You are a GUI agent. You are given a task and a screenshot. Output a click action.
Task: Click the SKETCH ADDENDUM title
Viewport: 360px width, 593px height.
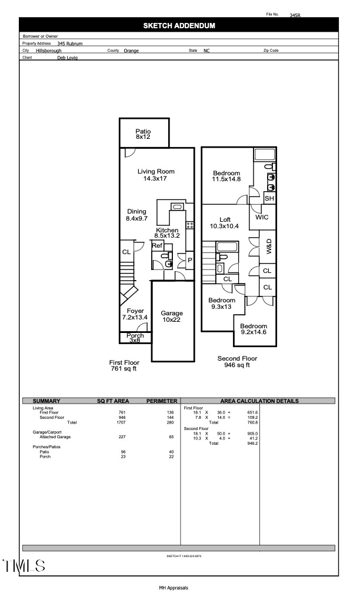point(179,26)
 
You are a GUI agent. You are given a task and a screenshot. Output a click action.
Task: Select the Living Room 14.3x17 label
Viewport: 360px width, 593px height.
point(156,175)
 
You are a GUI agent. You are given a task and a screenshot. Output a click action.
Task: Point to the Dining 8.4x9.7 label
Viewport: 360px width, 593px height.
point(136,215)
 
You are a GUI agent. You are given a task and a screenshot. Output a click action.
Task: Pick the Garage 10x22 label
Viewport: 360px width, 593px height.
point(172,317)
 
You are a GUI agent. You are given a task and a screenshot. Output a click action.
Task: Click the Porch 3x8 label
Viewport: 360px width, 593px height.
point(135,338)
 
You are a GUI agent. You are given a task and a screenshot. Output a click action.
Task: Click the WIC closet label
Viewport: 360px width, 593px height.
point(262,218)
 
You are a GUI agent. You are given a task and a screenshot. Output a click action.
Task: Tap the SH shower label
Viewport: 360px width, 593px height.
point(269,199)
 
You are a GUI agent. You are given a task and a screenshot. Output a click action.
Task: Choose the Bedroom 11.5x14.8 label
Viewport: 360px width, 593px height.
point(226,176)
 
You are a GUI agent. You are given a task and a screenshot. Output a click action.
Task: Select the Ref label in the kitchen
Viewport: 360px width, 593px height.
point(157,246)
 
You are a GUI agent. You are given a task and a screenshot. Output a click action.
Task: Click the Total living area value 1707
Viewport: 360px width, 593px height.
point(122,422)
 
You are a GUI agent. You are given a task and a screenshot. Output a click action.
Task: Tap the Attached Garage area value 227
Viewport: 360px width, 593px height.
point(122,437)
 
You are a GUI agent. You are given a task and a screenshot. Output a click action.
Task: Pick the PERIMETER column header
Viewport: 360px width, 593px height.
point(161,401)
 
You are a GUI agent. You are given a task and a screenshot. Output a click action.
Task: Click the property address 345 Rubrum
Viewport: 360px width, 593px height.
point(69,44)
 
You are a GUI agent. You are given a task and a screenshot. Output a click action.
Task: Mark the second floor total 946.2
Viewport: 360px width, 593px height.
point(251,443)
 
